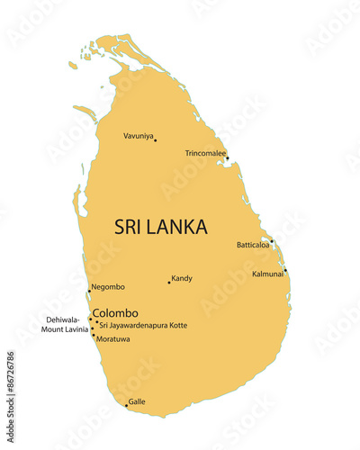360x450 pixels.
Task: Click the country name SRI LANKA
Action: pos(160,227)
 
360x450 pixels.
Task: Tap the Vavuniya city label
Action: pos(138,136)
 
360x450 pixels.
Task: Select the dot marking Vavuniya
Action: pos(155,139)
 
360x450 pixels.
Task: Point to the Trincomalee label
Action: pos(205,153)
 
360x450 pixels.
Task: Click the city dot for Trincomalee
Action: pos(227,158)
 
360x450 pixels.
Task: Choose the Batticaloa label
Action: pos(253,244)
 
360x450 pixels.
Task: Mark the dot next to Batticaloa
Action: pos(272,241)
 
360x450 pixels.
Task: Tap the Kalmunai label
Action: pos(267,274)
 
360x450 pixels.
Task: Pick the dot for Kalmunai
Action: pos(285,270)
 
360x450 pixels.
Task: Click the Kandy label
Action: pos(182,278)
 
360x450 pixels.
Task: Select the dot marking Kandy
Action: pos(168,283)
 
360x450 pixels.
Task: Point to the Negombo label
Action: pos(108,287)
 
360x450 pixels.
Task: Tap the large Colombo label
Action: pos(115,312)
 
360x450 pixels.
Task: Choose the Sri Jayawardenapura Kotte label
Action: pos(143,325)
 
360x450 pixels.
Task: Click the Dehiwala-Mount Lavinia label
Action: pos(65,324)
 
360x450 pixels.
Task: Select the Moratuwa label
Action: pos(112,339)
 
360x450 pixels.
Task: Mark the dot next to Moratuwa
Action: pos(93,336)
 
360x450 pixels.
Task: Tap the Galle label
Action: pos(137,401)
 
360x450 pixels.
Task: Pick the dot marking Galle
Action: pos(126,405)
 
